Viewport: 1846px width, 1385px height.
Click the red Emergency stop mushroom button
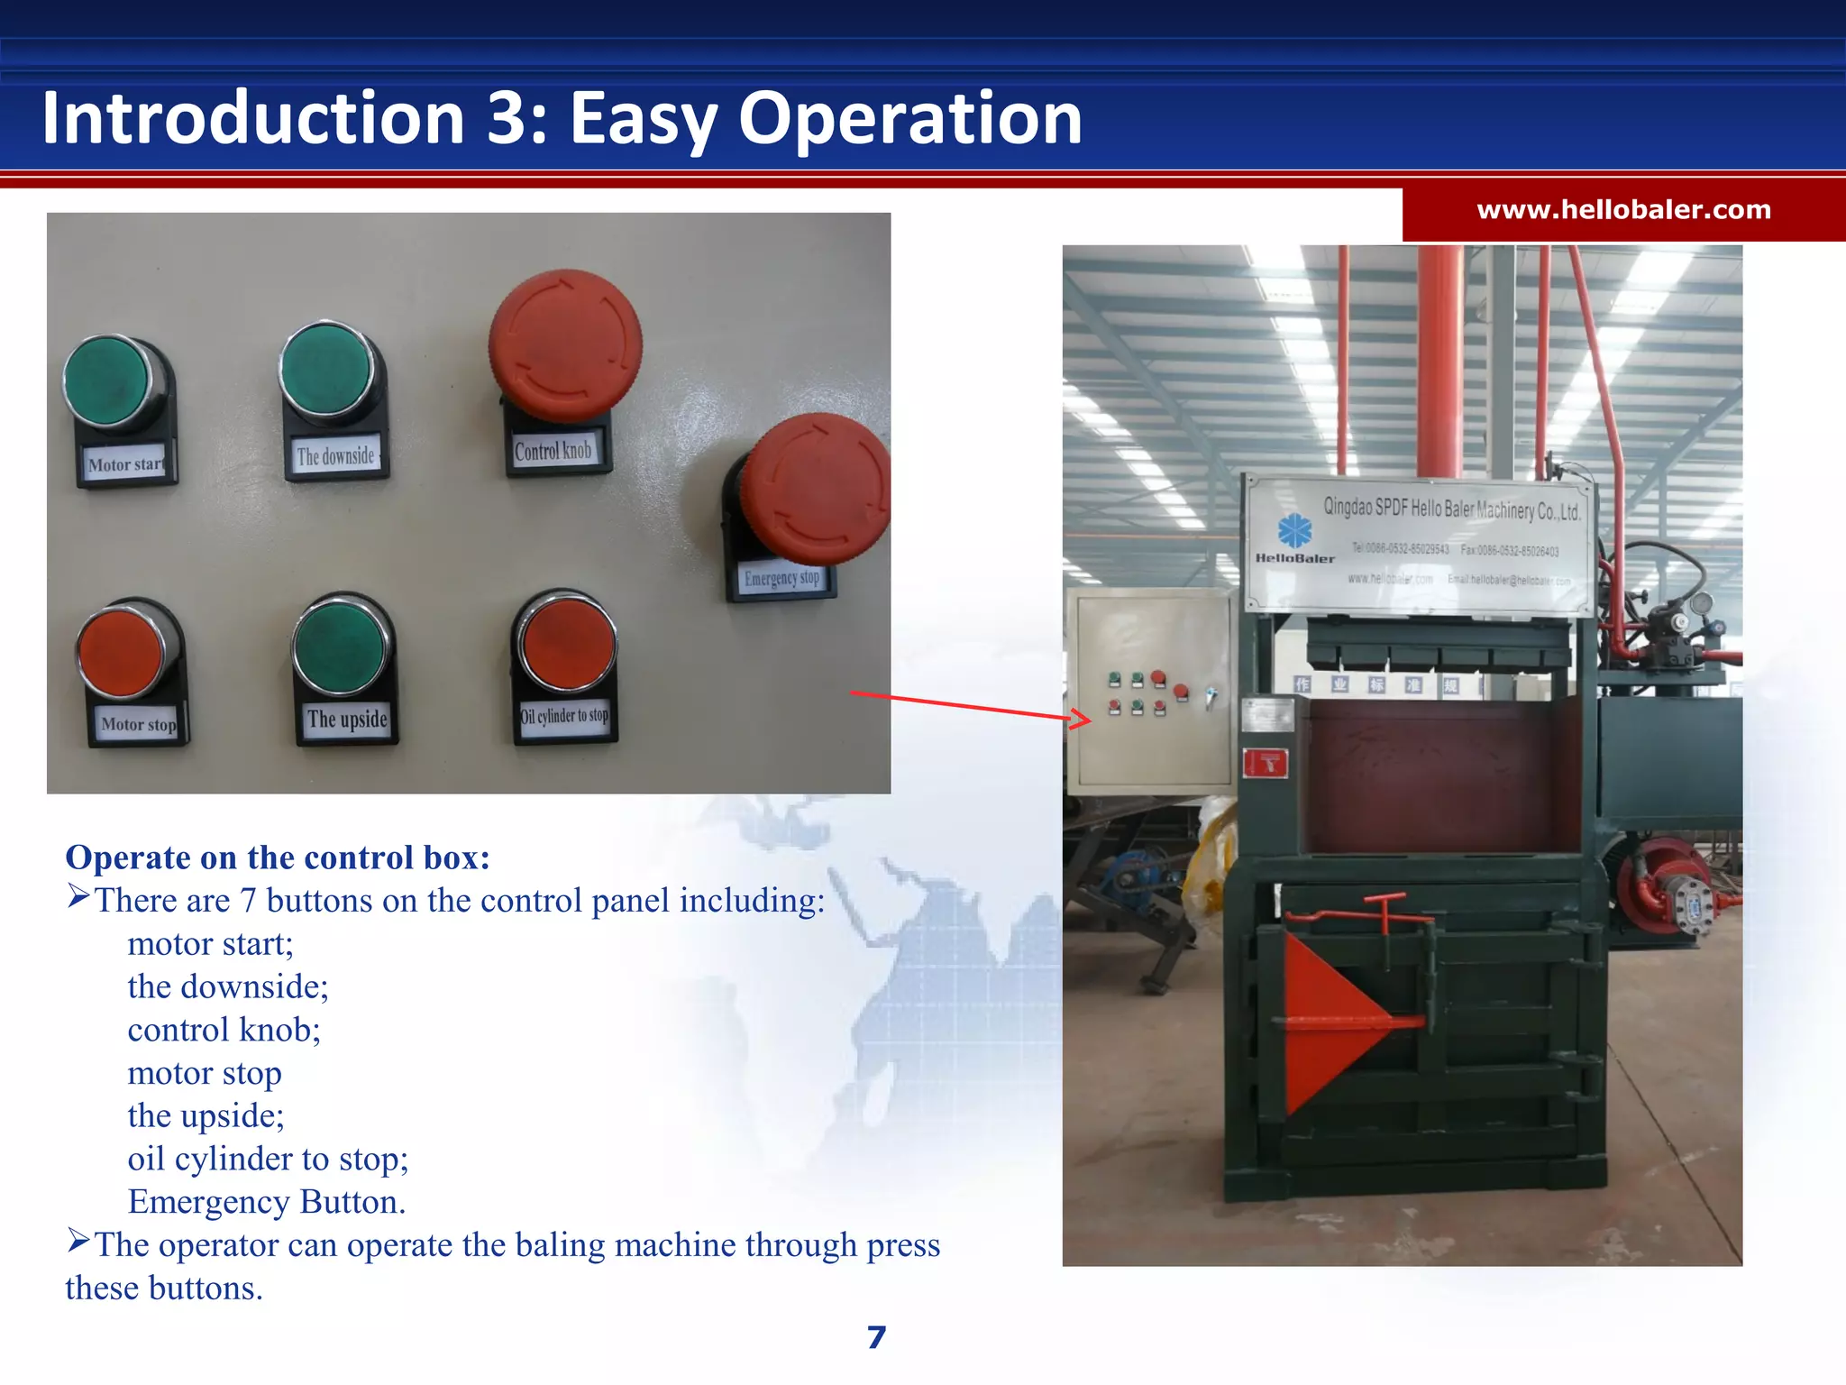817,490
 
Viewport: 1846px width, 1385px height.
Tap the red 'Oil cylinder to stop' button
566,644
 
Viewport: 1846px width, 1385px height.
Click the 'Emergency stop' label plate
781,578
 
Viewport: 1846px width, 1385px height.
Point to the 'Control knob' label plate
553,451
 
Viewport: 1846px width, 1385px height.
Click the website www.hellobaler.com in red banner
1623,211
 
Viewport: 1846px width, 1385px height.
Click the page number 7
876,1336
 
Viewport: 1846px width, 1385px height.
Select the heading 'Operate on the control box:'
278,858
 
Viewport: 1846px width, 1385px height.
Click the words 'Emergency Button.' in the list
267,1202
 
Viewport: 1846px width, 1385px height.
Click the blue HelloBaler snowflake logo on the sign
1294,530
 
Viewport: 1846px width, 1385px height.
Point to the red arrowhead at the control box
1082,719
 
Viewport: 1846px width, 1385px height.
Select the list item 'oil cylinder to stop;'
268,1159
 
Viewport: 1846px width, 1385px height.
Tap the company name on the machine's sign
1450,509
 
